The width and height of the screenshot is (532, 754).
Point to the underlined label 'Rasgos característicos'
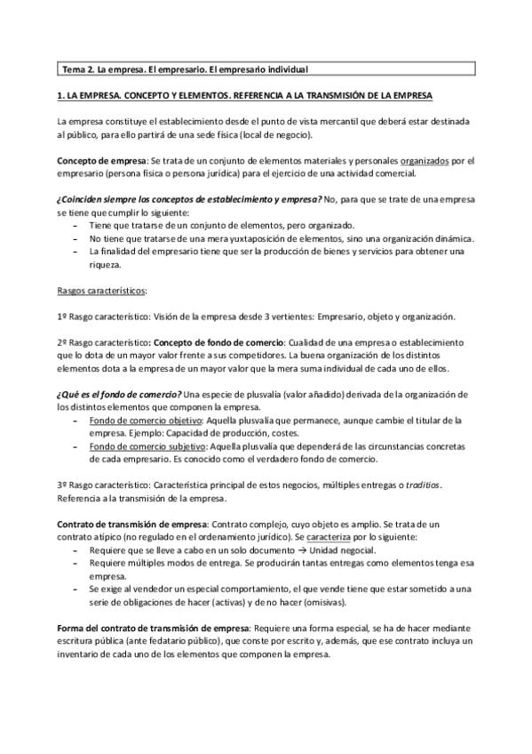[101, 291]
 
